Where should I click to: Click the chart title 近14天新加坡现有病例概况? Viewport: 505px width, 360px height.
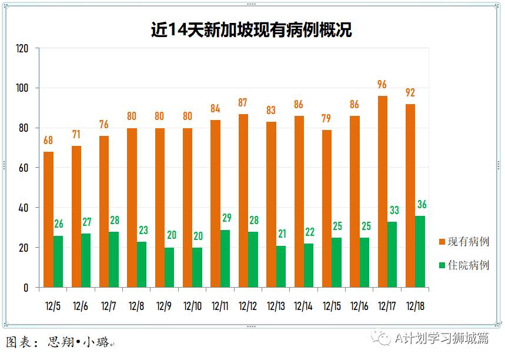252,30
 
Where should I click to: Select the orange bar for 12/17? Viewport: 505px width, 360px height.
383,192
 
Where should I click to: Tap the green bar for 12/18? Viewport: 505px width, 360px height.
420,252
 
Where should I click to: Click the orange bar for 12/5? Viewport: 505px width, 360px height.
48,219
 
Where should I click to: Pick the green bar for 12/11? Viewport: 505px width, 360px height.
225,258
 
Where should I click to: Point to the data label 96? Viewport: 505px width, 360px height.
383,85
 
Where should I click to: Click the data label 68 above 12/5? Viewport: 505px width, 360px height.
48,141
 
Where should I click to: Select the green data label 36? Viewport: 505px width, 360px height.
421,205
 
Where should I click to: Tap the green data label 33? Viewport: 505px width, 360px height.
393,211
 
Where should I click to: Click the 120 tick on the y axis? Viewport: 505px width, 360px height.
23,48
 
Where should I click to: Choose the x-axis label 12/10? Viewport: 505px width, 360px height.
192,306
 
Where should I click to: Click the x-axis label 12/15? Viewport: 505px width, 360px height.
331,306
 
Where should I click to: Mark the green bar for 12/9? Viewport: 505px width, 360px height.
169,268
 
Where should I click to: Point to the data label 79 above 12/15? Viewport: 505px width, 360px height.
327,119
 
